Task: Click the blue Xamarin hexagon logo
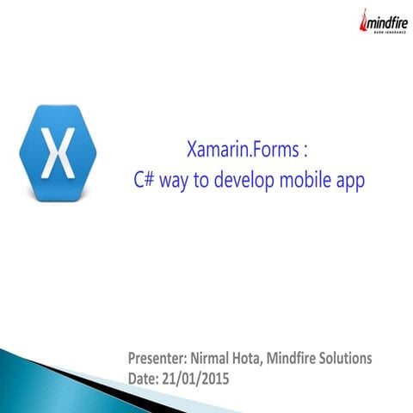click(58, 154)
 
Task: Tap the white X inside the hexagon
click(58, 155)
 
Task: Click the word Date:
click(143, 378)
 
